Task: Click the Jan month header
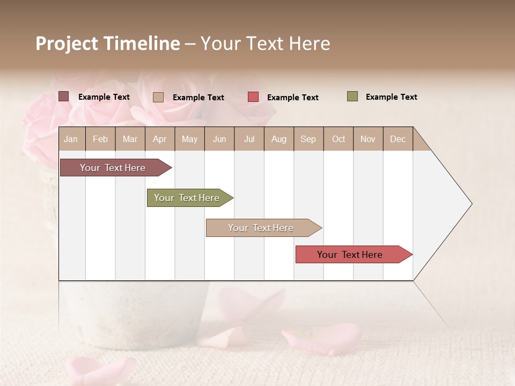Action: (x=71, y=139)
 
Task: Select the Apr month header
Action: (x=160, y=139)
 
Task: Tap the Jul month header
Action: (x=249, y=139)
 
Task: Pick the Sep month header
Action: (x=308, y=139)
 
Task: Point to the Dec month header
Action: (x=398, y=139)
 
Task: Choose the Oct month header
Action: (x=339, y=139)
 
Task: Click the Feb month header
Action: (x=100, y=139)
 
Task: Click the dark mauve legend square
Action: (x=63, y=96)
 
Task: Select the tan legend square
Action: (x=158, y=97)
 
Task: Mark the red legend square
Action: (x=253, y=97)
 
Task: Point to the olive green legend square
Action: (x=352, y=96)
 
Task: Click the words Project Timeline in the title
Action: (x=107, y=43)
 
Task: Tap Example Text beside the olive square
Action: (x=391, y=97)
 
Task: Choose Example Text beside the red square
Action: (x=292, y=98)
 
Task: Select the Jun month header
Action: (x=219, y=139)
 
